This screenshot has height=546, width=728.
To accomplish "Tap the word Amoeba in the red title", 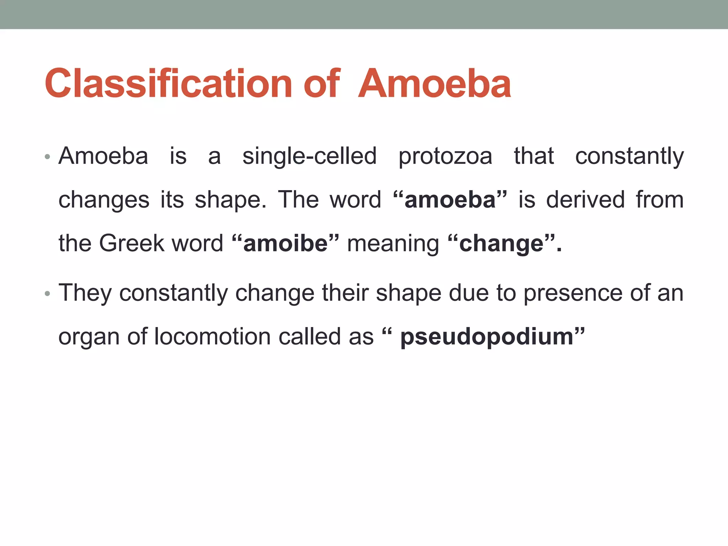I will (434, 84).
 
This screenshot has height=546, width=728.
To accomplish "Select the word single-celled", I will (309, 156).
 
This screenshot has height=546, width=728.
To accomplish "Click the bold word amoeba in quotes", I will (450, 200).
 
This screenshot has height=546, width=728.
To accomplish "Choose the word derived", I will (585, 200).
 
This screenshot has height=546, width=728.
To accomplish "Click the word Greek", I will (132, 243).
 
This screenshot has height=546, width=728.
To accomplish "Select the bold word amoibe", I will (285, 244).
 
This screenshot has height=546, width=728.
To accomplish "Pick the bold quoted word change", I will (501, 244).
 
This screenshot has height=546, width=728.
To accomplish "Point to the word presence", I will (573, 294).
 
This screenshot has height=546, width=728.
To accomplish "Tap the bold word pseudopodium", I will (487, 337).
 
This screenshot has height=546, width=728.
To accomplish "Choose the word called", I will (308, 337).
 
